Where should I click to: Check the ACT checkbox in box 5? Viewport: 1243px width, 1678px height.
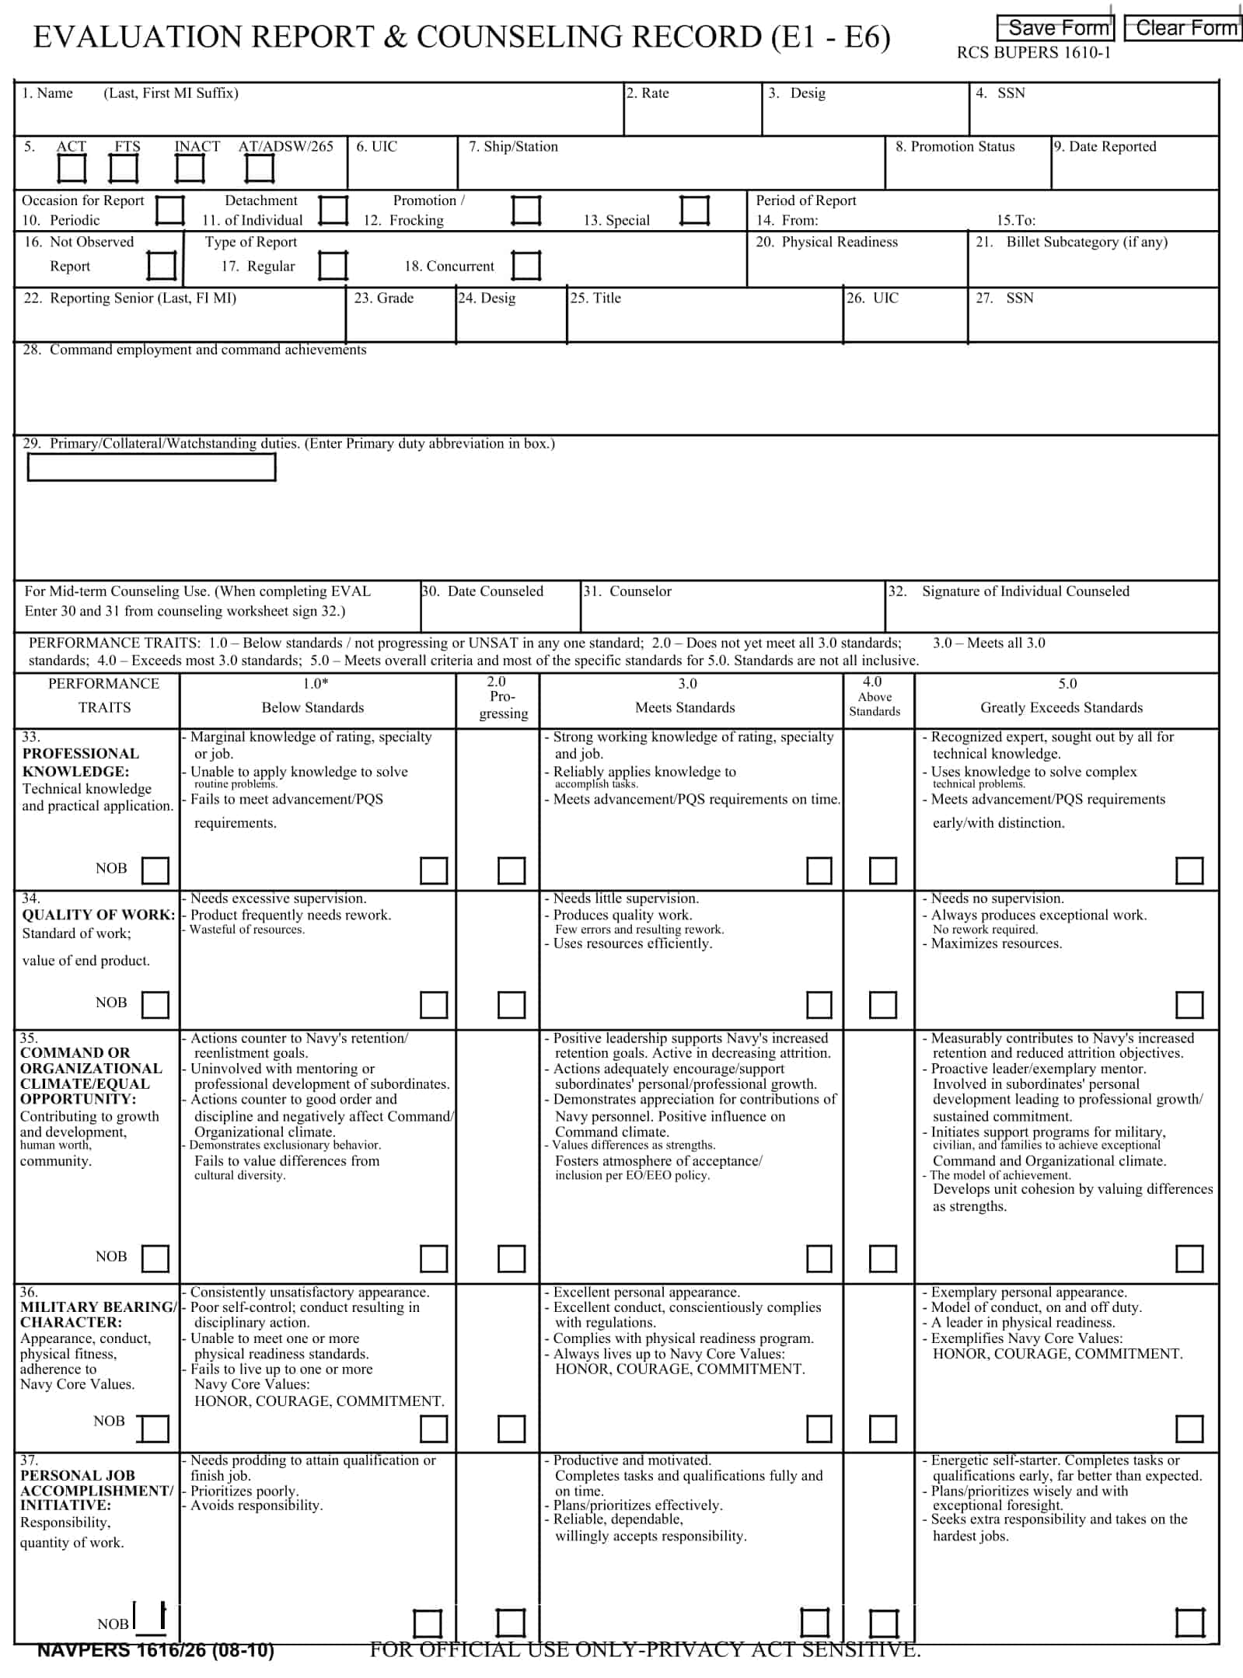pos(72,169)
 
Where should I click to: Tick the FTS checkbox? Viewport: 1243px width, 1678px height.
pos(124,169)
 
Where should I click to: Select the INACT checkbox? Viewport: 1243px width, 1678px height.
pos(190,169)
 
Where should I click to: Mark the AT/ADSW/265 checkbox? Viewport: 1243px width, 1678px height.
pos(260,169)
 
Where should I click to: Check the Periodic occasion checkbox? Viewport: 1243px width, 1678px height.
pos(170,211)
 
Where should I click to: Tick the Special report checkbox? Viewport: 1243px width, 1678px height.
pos(694,211)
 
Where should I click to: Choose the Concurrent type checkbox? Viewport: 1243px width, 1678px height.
pos(526,266)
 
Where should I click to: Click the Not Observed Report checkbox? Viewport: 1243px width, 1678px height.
pos(162,266)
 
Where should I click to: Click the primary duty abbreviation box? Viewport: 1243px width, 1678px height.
pos(152,467)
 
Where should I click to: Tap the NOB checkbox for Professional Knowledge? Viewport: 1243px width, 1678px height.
pos(155,870)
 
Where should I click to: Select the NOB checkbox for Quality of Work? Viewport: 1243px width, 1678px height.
pos(155,1005)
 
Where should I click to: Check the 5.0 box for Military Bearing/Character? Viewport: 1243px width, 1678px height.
pos(1189,1429)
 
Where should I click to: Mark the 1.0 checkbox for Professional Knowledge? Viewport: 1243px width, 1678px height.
pos(434,870)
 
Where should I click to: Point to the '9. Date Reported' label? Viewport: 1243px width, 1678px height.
pos(1105,147)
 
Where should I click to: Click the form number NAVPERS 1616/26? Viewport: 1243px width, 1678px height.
pos(155,1651)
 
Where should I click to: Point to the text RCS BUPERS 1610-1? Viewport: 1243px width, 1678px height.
pos(1033,53)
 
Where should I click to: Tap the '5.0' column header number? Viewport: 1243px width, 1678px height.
pos(1067,684)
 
